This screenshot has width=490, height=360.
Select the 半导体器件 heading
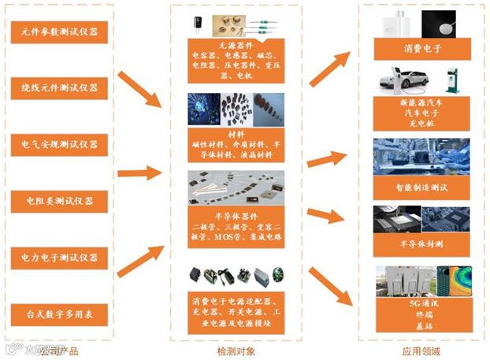click(x=236, y=213)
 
